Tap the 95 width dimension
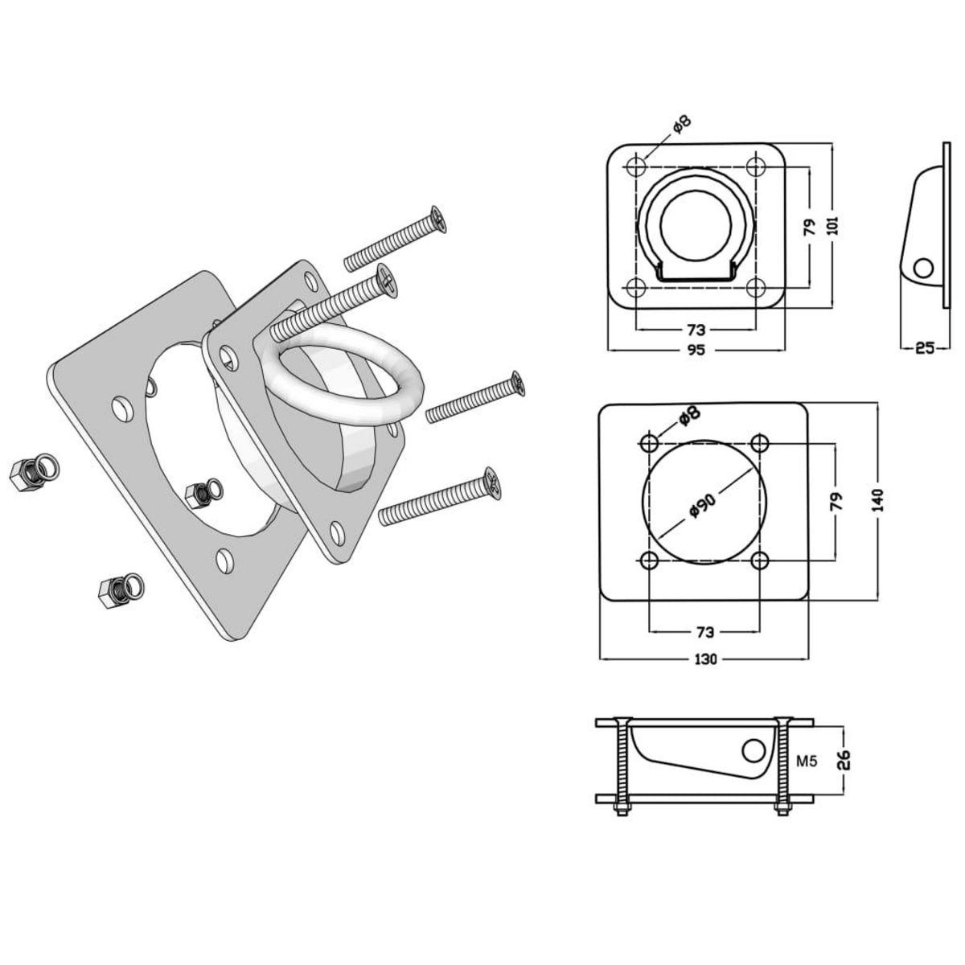click(x=696, y=351)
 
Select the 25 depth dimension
click(x=924, y=348)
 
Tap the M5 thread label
click(x=808, y=760)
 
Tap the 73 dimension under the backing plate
click(x=704, y=631)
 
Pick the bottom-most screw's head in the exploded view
click(x=491, y=482)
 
